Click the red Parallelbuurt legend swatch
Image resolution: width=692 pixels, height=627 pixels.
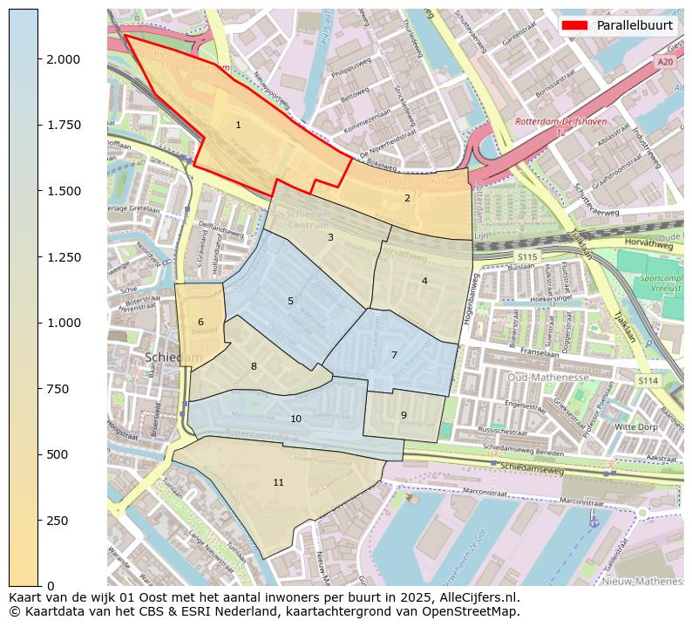tap(575, 25)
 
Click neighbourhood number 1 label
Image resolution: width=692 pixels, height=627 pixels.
tap(238, 126)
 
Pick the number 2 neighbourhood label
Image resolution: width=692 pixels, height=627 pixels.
tap(407, 198)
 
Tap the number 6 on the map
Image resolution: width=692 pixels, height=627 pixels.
tap(200, 323)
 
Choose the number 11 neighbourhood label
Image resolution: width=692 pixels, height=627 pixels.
tap(278, 482)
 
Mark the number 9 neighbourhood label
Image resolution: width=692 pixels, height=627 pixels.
tap(404, 415)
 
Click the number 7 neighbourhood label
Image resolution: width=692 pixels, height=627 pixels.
tap(394, 355)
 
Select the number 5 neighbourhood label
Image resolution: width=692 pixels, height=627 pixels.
tap(290, 302)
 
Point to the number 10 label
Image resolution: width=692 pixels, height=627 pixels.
tap(295, 419)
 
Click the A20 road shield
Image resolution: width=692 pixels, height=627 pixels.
tap(665, 62)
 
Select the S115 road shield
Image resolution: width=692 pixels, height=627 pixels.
tap(526, 257)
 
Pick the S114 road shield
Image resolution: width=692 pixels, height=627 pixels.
tap(647, 380)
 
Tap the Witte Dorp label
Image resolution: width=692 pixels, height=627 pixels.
tap(636, 427)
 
